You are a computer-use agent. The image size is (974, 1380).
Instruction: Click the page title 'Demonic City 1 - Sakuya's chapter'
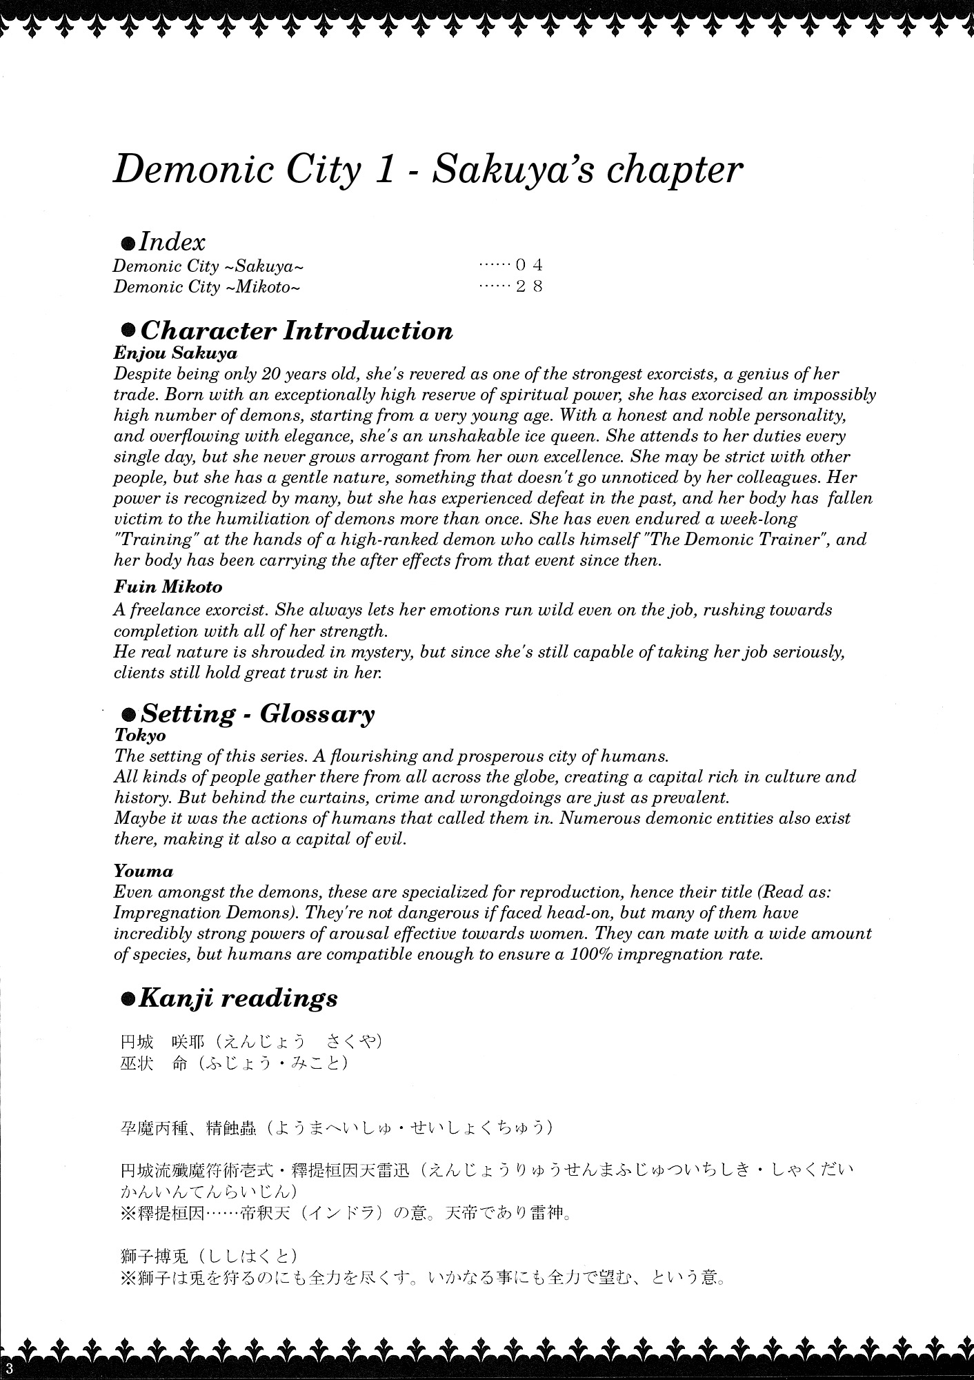pyautogui.click(x=428, y=168)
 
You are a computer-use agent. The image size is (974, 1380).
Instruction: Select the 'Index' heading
pyautogui.click(x=172, y=241)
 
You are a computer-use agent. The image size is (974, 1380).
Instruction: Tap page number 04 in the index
pyautogui.click(x=529, y=265)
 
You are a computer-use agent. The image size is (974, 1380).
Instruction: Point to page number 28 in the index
pyautogui.click(x=529, y=286)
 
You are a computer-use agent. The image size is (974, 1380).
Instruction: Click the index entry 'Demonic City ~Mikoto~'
pyautogui.click(x=207, y=287)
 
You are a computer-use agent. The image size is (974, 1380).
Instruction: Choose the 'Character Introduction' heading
pyautogui.click(x=296, y=331)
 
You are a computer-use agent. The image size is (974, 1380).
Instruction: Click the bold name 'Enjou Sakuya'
pyautogui.click(x=175, y=353)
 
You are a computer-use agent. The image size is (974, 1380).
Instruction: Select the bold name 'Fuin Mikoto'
pyautogui.click(x=168, y=587)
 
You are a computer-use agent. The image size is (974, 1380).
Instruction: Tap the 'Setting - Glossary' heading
pyautogui.click(x=257, y=713)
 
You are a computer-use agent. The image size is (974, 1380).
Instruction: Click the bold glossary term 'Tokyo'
pyautogui.click(x=140, y=736)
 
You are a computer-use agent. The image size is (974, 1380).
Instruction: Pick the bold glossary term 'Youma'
pyautogui.click(x=143, y=871)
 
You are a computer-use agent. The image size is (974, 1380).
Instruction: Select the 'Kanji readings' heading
pyautogui.click(x=238, y=998)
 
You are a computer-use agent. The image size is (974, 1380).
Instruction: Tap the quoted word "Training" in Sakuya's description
pyautogui.click(x=152, y=539)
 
